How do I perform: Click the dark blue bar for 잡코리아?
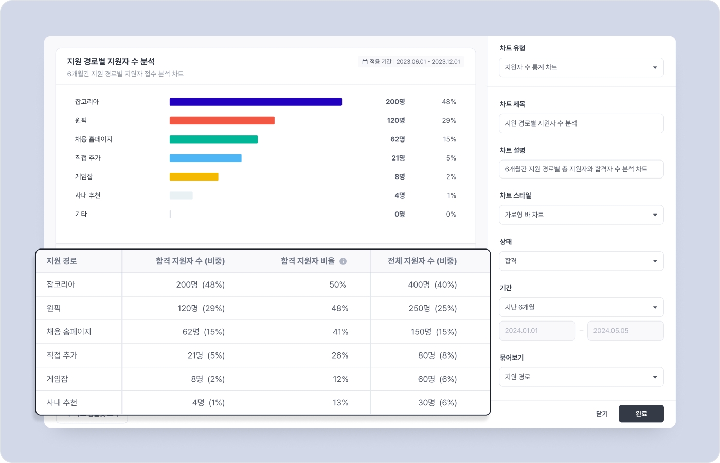[256, 102]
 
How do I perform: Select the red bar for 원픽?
[222, 121]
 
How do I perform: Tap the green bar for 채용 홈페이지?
[213, 139]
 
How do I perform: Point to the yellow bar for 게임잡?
[194, 177]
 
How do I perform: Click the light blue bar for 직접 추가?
[205, 158]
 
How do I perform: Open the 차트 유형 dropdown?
[581, 67]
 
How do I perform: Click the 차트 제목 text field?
[581, 123]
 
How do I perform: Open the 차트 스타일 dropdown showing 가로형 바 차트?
[581, 215]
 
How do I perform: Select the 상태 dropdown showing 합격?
[581, 261]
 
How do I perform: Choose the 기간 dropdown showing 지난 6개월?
[581, 307]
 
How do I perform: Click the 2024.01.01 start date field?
[536, 331]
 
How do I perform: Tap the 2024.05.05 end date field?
[625, 331]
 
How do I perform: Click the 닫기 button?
[602, 414]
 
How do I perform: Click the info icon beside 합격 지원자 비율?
[343, 261]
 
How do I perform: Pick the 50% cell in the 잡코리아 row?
[337, 284]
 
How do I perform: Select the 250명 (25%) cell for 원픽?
[433, 308]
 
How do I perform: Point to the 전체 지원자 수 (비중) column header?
[422, 261]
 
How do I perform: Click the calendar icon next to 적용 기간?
[365, 62]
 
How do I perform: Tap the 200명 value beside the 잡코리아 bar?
[395, 102]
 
